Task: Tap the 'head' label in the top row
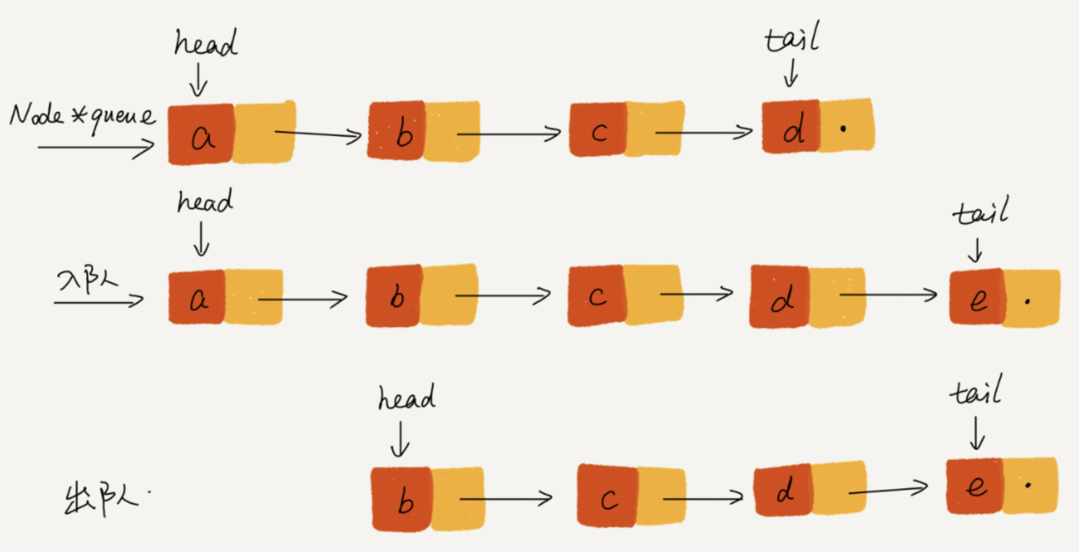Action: coord(206,43)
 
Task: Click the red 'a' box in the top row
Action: coord(201,134)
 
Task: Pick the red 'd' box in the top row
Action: coord(791,127)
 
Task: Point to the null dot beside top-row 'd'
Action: coord(843,128)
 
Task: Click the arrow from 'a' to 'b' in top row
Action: coord(318,134)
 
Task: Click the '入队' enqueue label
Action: coord(87,281)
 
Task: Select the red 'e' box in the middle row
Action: coord(977,297)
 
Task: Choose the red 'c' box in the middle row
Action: coord(596,296)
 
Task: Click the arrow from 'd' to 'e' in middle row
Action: coord(888,295)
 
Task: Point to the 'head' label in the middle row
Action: coord(205,201)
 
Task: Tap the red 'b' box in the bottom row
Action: coord(402,500)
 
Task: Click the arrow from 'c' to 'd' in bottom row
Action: coord(703,498)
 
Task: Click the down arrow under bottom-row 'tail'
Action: coord(977,434)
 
